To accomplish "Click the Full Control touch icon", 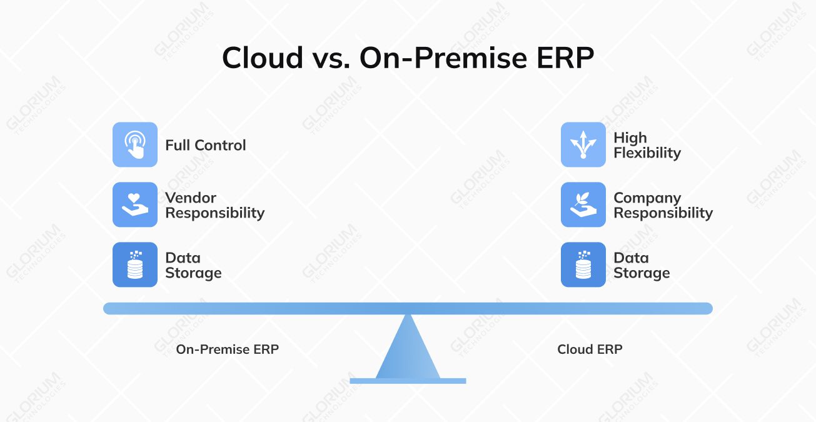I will click(x=135, y=144).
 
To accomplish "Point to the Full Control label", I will click(x=206, y=145).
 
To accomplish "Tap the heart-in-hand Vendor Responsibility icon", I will click(x=135, y=204).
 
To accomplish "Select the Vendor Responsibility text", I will click(x=214, y=205).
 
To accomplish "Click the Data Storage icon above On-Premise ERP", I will click(x=135, y=264).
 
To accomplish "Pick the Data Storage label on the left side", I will click(x=193, y=265).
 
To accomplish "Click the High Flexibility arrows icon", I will click(x=583, y=144).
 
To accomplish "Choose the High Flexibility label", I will click(x=647, y=145).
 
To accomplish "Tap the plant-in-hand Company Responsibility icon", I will click(x=583, y=204).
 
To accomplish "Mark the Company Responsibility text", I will click(x=663, y=205).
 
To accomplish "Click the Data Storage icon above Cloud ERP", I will click(x=583, y=264).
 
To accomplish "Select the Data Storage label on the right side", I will click(x=642, y=265).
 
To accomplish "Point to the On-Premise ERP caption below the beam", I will click(x=227, y=349).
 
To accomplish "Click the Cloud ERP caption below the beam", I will click(x=590, y=349).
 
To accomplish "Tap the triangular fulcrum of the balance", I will click(x=408, y=353).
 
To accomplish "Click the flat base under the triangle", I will click(x=408, y=381).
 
